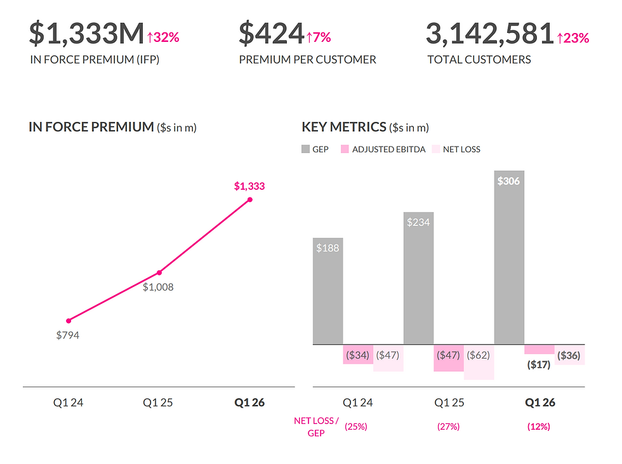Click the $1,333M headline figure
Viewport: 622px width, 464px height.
pos(86,33)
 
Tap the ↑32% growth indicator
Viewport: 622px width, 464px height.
pos(163,37)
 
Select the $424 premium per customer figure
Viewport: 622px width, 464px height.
pos(272,33)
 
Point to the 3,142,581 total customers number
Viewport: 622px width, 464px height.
pos(490,33)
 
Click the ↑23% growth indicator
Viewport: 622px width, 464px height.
pos(572,38)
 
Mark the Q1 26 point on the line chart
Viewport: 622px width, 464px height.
pos(250,199)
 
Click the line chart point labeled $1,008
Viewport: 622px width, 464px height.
pos(159,272)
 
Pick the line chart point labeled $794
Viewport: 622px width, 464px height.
pos(69,321)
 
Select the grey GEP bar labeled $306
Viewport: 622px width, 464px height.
pos(509,257)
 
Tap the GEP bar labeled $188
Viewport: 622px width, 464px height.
pos(328,291)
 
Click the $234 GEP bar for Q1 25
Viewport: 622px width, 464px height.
pos(418,278)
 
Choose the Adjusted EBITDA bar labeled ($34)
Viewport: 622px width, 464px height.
pos(358,354)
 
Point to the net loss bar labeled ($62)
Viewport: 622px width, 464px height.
pos(479,362)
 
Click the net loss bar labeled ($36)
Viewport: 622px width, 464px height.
pos(570,355)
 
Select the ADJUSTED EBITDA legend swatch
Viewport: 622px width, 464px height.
pos(345,149)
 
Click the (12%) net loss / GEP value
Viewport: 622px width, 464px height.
pos(539,427)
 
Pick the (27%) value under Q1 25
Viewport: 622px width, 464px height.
pos(448,427)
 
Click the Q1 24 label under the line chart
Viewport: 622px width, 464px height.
pos(69,402)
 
